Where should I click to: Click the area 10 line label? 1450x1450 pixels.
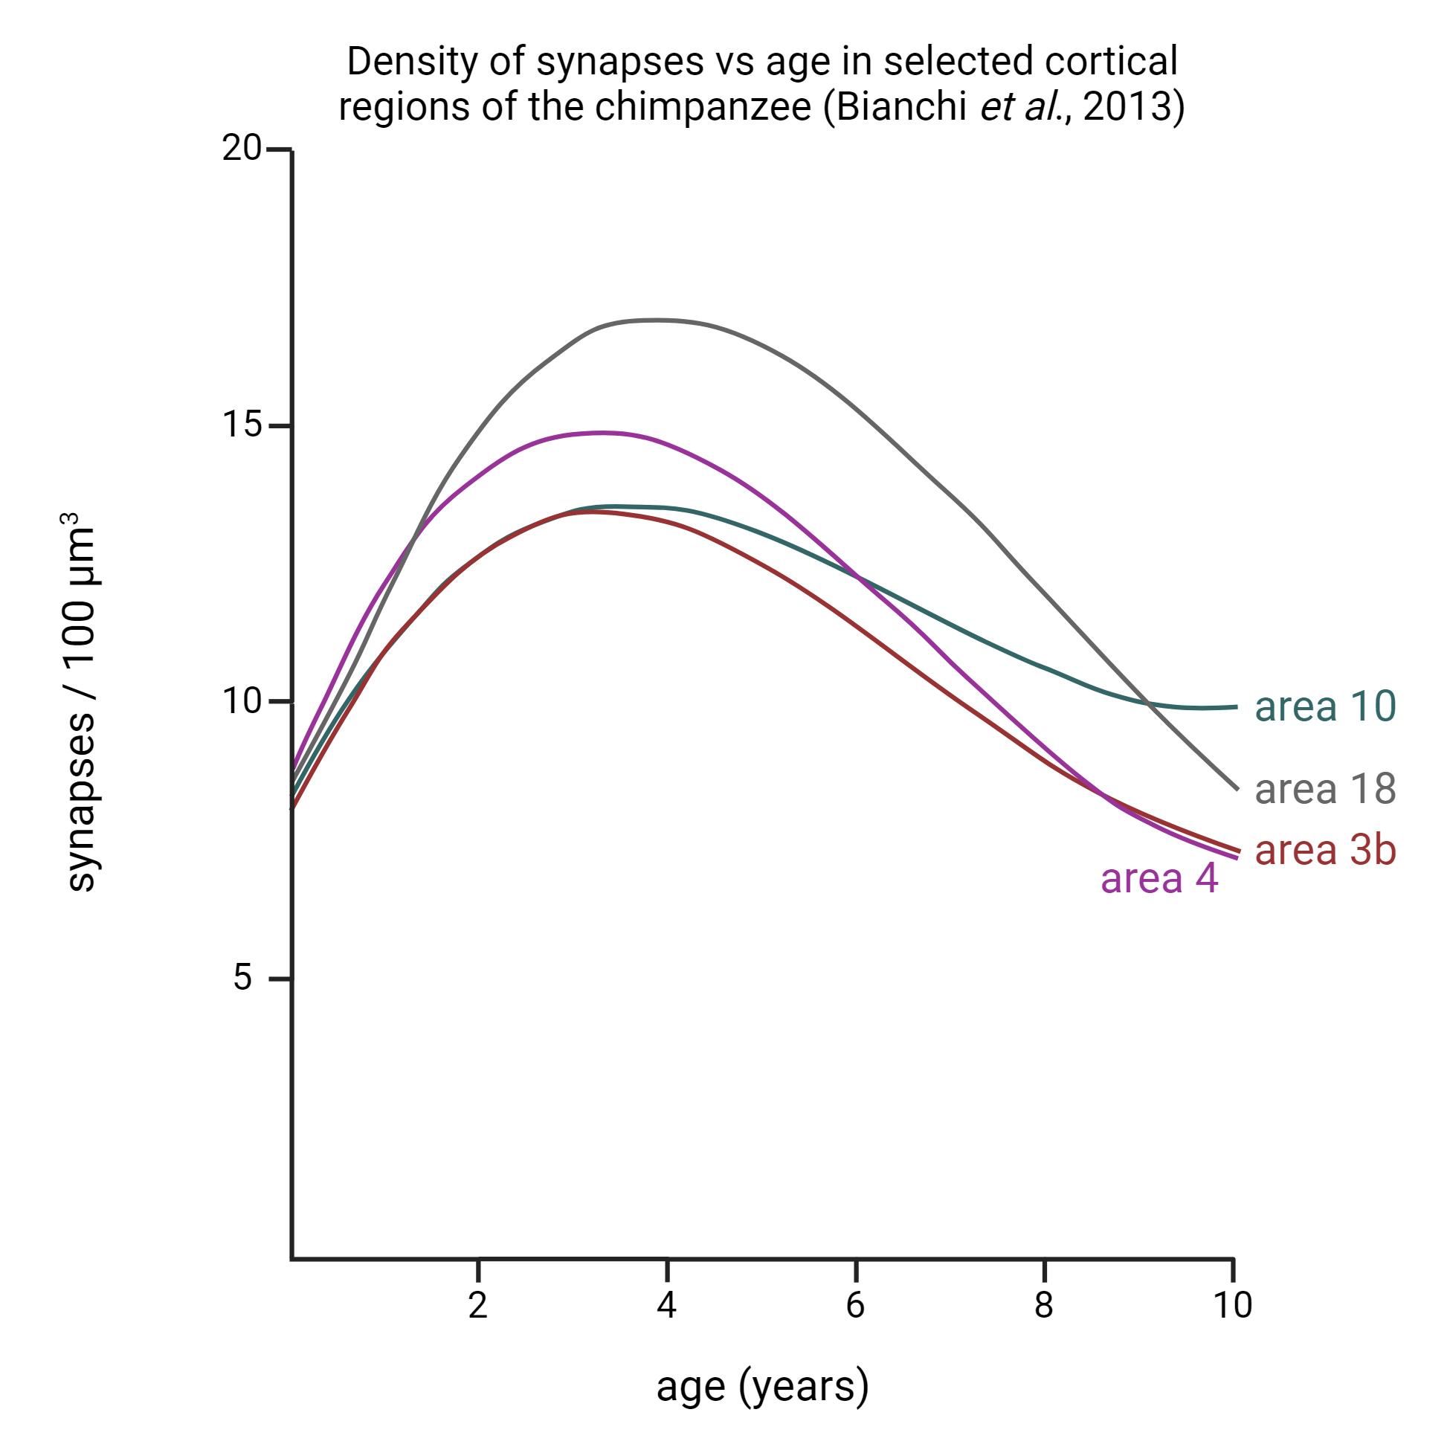pos(1324,707)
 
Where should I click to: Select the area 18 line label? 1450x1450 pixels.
pos(1324,790)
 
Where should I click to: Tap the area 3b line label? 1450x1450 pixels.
pos(1324,851)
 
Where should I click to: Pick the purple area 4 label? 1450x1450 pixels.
pos(1159,879)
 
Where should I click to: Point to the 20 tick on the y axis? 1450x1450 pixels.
pos(242,149)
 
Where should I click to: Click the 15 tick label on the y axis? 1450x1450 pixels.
pos(242,425)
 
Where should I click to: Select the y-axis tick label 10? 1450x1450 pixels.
pos(242,702)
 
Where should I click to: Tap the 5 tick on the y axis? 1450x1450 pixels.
pos(242,978)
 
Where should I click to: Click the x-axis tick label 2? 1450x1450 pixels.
pos(478,1306)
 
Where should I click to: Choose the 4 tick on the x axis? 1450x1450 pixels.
pos(666,1306)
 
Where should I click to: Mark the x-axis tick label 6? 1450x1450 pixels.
pos(856,1306)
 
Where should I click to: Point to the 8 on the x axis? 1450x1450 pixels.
pos(1044,1306)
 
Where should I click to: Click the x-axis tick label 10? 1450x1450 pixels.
pos(1232,1306)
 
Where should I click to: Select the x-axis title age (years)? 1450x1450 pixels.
pos(762,1387)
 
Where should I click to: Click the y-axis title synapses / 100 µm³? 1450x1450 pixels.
pos(79,702)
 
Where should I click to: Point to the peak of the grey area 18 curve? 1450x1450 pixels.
pos(657,320)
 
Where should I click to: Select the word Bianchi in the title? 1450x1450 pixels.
pos(900,106)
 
